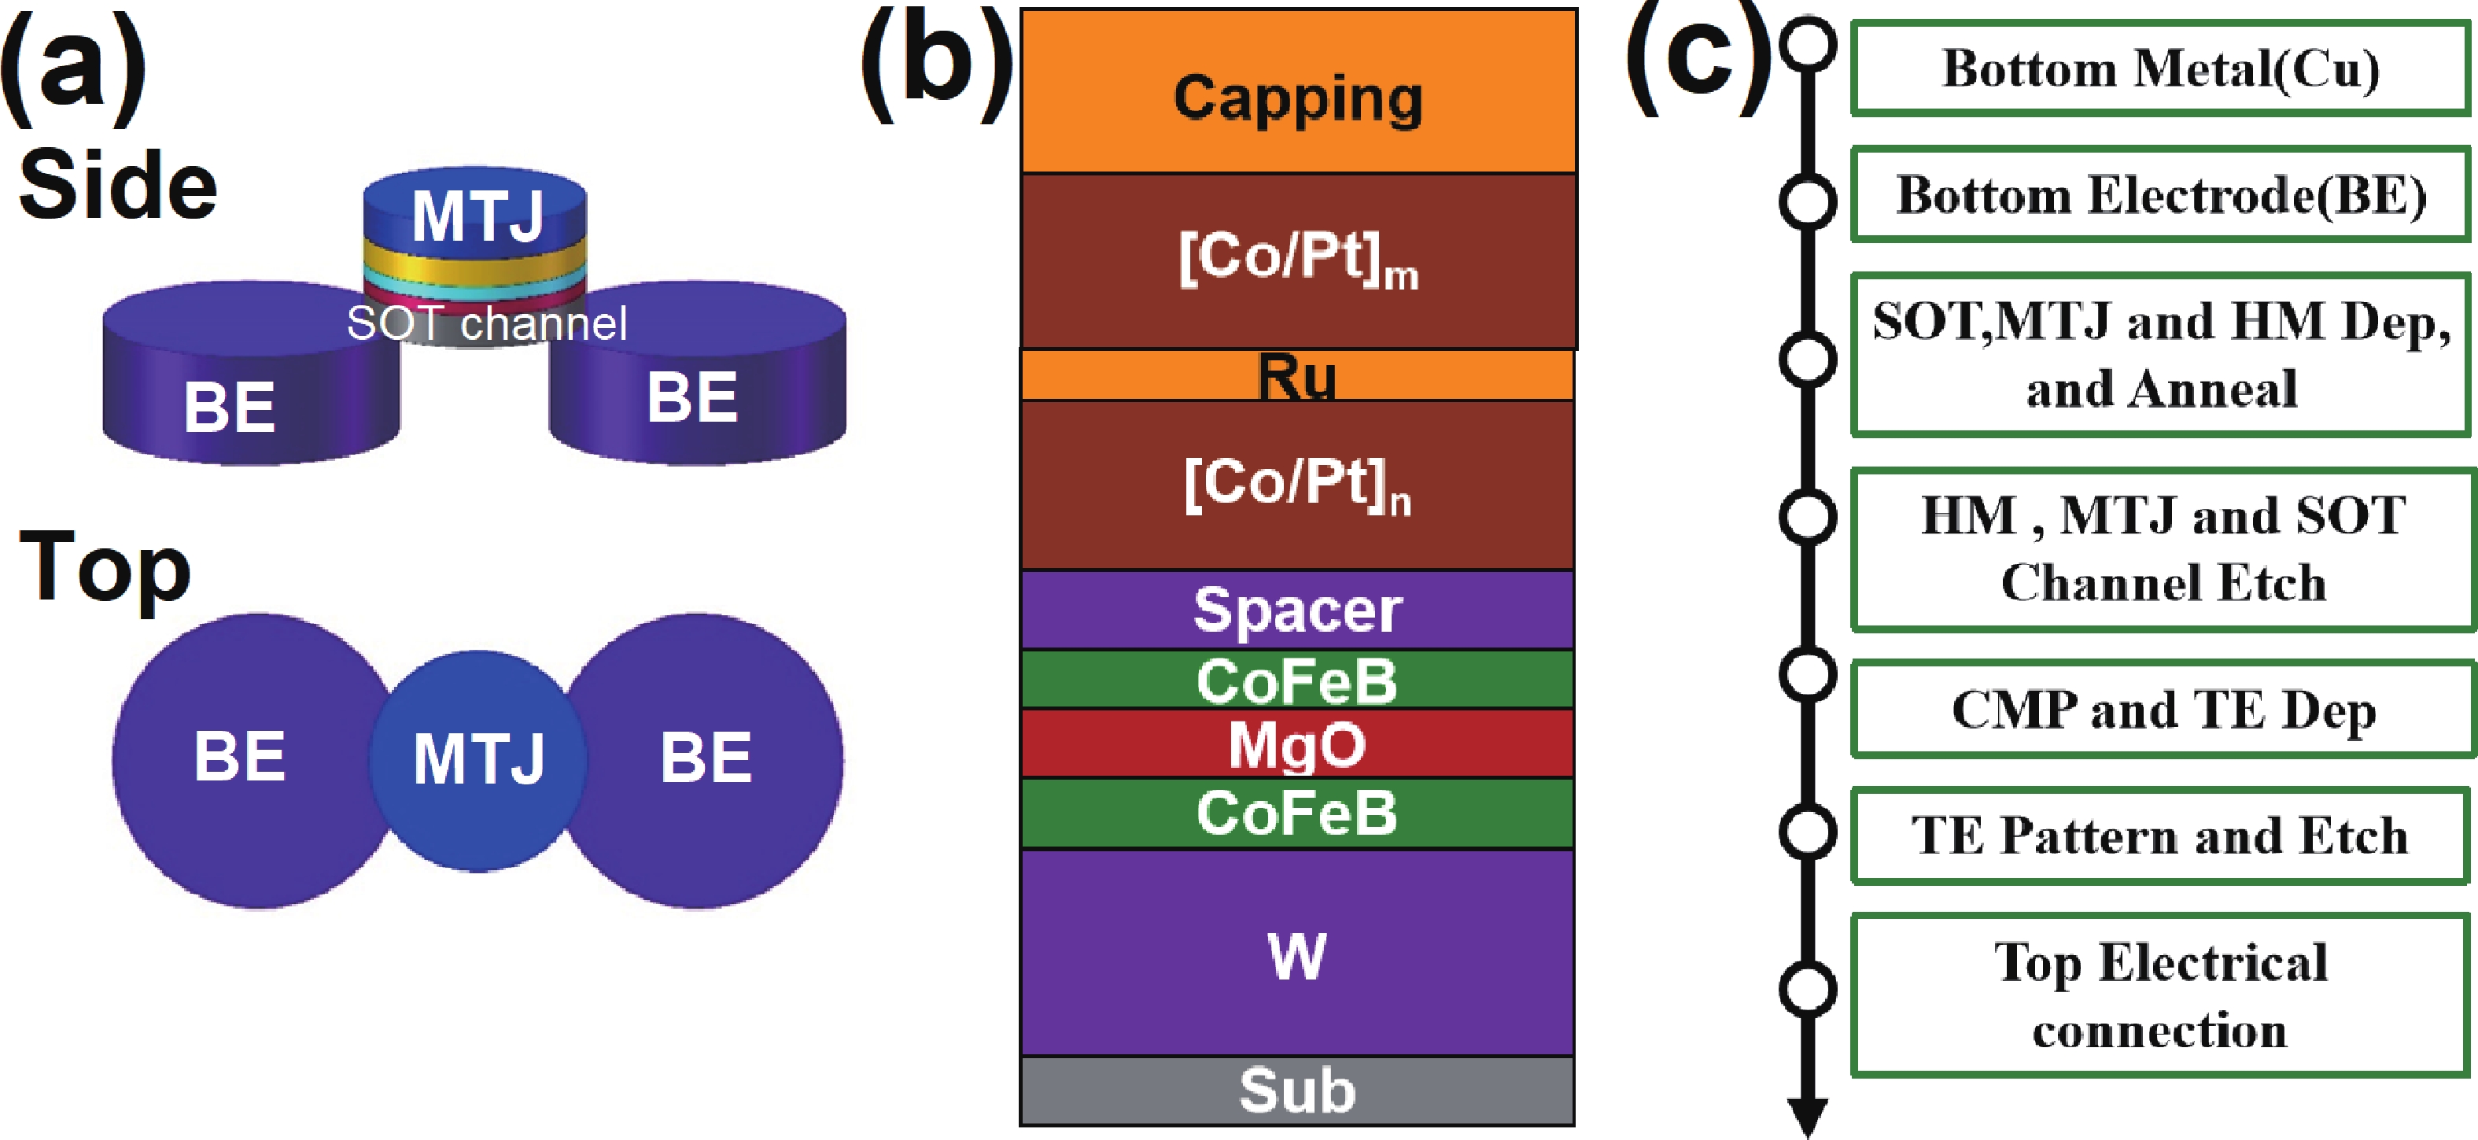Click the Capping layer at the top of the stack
click(x=1298, y=91)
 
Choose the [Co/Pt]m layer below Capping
click(x=1299, y=260)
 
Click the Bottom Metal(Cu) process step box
click(x=2160, y=68)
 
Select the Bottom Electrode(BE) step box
click(x=2160, y=194)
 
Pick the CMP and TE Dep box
click(x=2163, y=709)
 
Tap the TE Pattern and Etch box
click(x=2160, y=835)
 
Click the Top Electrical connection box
click(x=2160, y=994)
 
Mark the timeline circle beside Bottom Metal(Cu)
click(x=1809, y=44)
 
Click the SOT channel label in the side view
click(x=487, y=323)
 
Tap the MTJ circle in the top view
click(x=478, y=760)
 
